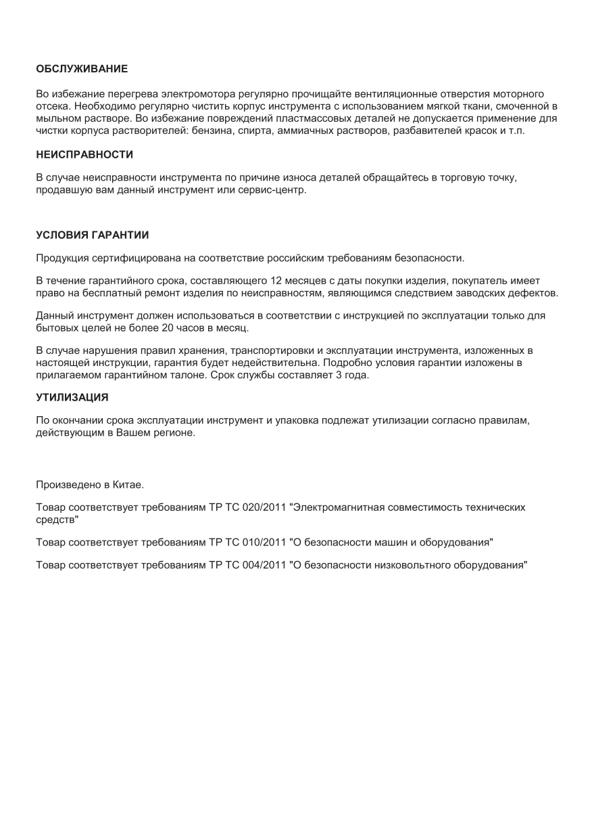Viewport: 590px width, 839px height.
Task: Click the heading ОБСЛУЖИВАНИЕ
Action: point(82,69)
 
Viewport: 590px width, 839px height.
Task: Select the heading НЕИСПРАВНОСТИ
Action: point(84,155)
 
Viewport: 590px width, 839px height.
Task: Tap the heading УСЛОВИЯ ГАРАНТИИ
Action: point(92,235)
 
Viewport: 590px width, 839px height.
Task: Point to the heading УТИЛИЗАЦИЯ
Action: point(72,397)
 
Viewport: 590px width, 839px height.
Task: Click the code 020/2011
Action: point(264,507)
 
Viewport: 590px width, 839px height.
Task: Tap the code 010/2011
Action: point(264,543)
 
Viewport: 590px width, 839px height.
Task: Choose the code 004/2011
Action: point(264,566)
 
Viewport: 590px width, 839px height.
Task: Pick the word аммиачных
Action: point(310,131)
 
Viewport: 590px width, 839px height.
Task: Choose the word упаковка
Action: point(295,421)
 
